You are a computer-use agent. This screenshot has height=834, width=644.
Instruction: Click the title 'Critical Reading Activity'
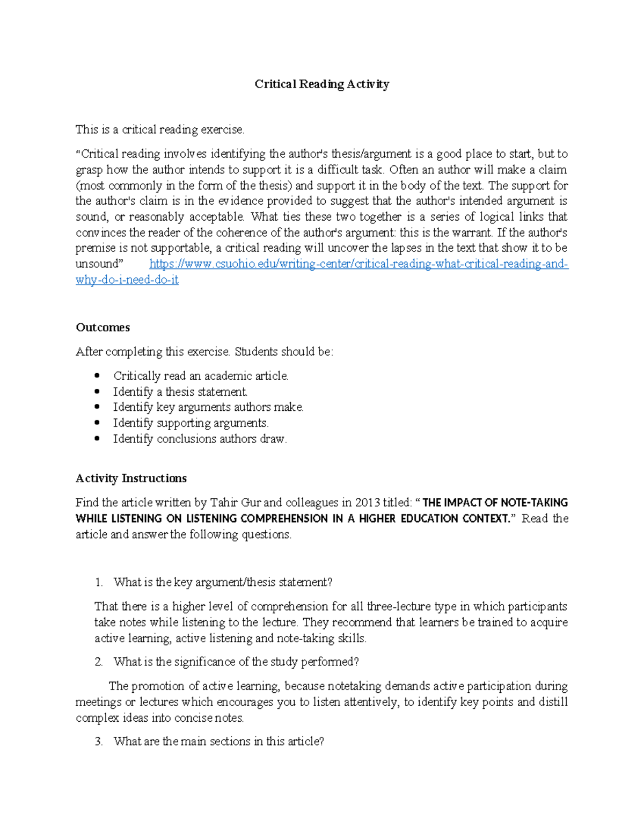(x=321, y=84)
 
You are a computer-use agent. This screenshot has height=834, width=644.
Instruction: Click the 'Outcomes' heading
(x=103, y=328)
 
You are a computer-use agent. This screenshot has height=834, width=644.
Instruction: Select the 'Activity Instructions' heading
(x=131, y=478)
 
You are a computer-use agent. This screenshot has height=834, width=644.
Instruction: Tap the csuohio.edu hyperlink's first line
(x=358, y=264)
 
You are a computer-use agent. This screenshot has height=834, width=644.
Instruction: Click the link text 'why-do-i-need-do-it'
(x=127, y=280)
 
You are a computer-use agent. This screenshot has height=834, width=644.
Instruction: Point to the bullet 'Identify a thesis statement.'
(x=180, y=392)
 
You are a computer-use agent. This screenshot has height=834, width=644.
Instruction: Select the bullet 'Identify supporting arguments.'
(x=191, y=423)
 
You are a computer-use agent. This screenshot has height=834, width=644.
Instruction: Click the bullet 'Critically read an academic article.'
(x=201, y=376)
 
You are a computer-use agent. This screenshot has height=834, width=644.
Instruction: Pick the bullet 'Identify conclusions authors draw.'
(x=200, y=439)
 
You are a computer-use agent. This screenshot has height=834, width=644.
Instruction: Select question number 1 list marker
(x=98, y=583)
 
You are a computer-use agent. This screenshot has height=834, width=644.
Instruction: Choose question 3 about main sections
(x=218, y=742)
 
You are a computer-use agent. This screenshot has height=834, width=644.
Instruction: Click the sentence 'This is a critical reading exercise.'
(x=160, y=130)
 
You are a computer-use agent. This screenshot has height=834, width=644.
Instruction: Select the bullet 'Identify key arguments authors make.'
(x=208, y=408)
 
